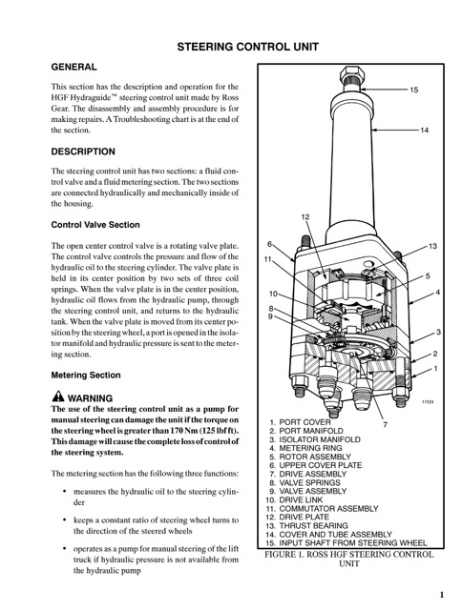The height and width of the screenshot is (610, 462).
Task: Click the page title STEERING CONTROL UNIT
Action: pos(248,47)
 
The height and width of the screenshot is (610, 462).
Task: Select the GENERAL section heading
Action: pos(73,67)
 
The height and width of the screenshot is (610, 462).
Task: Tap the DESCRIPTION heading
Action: pos(83,152)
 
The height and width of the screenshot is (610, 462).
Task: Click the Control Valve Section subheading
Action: pos(95,225)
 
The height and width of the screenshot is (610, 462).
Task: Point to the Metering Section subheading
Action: pos(86,375)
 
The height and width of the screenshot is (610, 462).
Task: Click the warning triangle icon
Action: pos(57,396)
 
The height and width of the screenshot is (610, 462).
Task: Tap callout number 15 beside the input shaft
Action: pos(413,90)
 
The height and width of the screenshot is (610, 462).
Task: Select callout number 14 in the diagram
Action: pos(424,130)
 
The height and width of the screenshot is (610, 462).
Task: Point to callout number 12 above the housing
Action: pos(305,217)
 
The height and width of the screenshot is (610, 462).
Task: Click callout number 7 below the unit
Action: pos(386,424)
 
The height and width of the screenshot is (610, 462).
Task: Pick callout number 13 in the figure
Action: pos(432,246)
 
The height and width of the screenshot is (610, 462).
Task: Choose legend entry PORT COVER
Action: pos(300,422)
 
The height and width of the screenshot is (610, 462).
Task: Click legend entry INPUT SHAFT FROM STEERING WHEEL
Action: pos(346,542)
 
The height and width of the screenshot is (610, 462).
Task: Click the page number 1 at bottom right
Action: pos(442,595)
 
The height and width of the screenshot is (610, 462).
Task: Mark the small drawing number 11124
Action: pos(428,402)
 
